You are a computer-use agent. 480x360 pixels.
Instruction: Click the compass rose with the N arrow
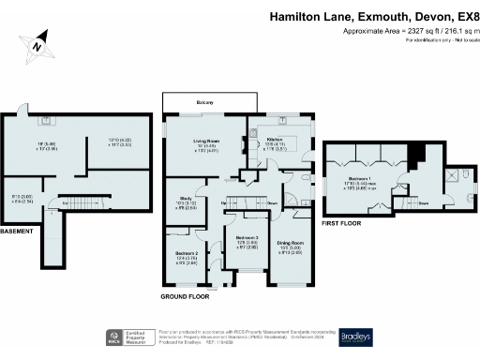35,43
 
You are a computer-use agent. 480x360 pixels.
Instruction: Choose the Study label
186,197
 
